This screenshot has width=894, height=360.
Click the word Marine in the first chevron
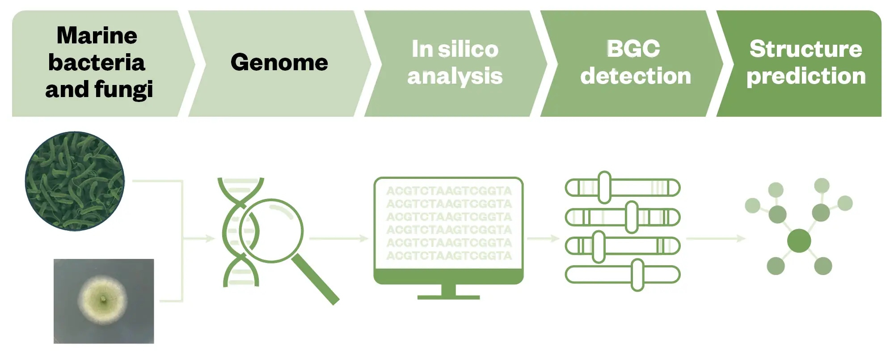point(97,35)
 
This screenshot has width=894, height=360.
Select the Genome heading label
point(279,62)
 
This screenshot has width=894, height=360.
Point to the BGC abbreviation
point(633,48)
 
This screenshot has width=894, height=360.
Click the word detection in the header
point(635,76)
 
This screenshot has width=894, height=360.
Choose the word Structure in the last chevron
point(805,49)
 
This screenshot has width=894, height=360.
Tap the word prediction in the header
point(805,76)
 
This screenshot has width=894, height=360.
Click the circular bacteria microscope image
point(75,181)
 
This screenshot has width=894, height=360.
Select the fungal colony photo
point(104,301)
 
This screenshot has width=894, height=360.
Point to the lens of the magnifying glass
point(271,231)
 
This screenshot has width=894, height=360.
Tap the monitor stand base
point(448,296)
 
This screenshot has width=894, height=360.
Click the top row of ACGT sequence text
point(449,191)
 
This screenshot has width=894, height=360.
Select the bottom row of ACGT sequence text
point(449,256)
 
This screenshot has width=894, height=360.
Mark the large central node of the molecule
point(799,241)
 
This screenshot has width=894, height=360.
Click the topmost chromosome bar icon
point(622,188)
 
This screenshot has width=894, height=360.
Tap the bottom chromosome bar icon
point(622,275)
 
